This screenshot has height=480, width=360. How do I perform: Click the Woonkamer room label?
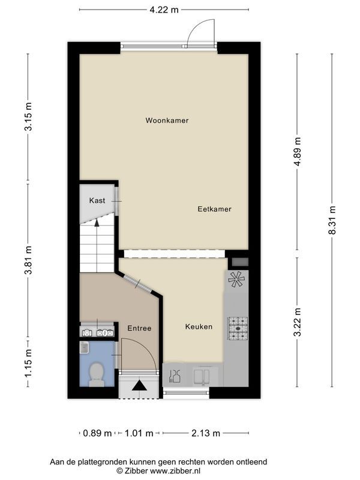pos(167,121)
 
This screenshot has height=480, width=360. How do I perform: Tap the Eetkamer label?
pos(214,209)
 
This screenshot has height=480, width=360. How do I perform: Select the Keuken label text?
pos(199,326)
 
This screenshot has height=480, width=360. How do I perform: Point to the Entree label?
pos(139,328)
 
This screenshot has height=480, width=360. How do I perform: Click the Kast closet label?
pos(97,200)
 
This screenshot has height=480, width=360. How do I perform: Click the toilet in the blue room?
pos(97,374)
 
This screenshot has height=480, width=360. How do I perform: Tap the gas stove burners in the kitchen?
pos(238,328)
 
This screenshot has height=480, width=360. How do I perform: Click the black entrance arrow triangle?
pos(140,385)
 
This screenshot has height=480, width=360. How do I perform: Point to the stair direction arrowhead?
pos(97,223)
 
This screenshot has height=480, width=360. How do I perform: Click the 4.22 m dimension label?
pos(164,10)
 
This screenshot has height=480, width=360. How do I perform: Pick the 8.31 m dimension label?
pos(332,220)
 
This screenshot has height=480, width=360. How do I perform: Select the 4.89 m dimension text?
pos(297,152)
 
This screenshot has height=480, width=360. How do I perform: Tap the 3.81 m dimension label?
pos(28,260)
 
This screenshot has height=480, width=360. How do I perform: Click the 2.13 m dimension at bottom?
pos(206,433)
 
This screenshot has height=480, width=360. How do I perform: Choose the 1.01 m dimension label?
pos(139,433)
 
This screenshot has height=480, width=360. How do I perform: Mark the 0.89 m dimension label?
pos(97,433)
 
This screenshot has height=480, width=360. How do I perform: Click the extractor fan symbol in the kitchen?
pos(236,280)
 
